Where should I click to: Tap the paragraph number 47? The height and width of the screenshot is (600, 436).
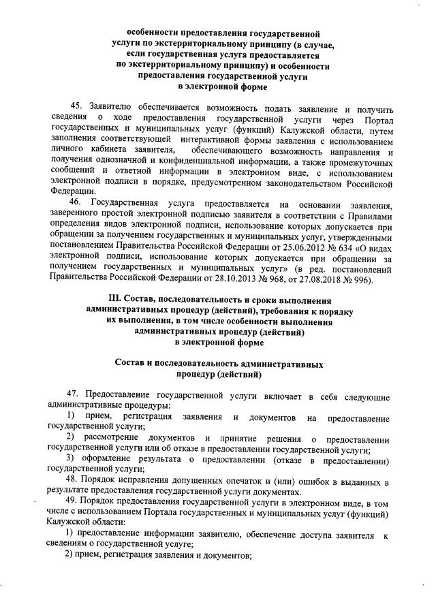point(74,396)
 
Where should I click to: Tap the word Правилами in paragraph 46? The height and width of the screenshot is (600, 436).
point(370,215)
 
